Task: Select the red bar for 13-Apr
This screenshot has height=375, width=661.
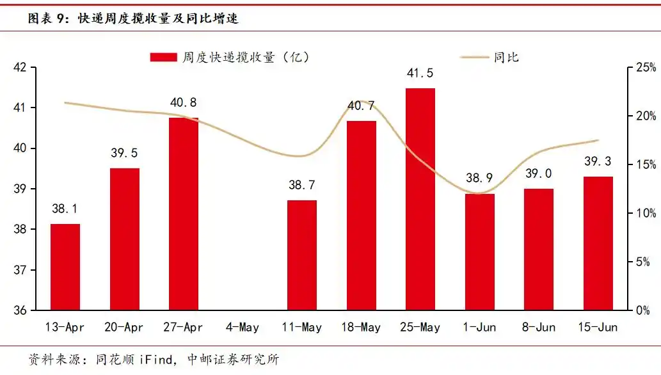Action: (x=65, y=267)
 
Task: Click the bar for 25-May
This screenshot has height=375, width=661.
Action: (x=420, y=199)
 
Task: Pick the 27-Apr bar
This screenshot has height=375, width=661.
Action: (x=184, y=214)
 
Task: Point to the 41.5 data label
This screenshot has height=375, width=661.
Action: (x=420, y=74)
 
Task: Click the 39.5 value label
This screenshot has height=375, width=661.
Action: (x=125, y=154)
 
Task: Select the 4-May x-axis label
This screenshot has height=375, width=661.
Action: (x=243, y=328)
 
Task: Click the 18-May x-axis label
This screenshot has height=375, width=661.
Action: (x=361, y=328)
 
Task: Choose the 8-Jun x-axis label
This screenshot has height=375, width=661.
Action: (x=539, y=328)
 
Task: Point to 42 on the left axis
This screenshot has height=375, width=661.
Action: (x=19, y=67)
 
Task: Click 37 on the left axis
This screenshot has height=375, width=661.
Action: (x=19, y=270)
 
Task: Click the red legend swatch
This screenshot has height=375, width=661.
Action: (x=163, y=58)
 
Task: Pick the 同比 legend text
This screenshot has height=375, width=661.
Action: (x=506, y=58)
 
